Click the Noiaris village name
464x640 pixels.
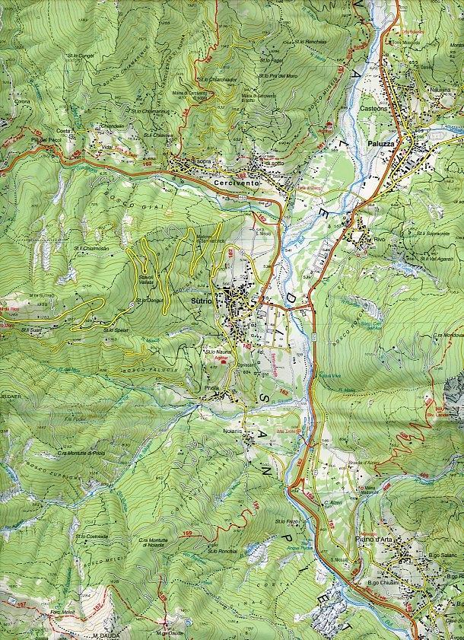click(x=233, y=431)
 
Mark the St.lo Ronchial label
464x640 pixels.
click(x=221, y=550)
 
